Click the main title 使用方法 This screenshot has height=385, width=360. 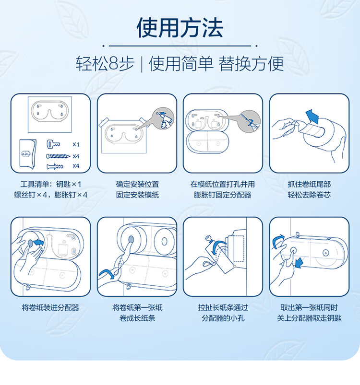click(180, 28)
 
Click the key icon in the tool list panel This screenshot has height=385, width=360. click(53, 144)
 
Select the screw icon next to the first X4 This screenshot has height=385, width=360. click(58, 155)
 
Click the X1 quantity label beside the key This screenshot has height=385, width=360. click(76, 144)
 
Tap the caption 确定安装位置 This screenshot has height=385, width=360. click(137, 184)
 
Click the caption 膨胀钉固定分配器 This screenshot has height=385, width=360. click(223, 195)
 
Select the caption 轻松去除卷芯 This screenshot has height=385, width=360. click(309, 195)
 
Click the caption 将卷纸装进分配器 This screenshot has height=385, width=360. click(50, 307)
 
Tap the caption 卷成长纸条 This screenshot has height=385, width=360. click(137, 318)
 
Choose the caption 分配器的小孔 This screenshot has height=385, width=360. click(223, 318)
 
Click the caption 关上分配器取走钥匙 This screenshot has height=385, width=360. click(309, 318)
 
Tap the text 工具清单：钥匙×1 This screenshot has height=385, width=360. click(51, 184)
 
